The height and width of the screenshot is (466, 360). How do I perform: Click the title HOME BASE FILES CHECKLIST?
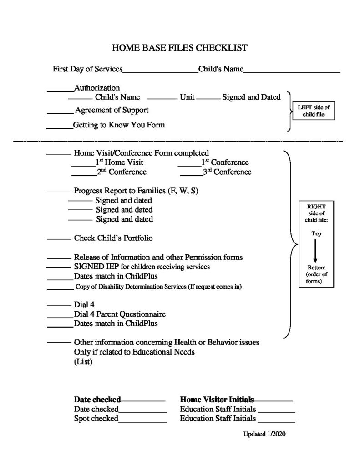pyautogui.click(x=180, y=47)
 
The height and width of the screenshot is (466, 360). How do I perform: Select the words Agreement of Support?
pyautogui.click(x=112, y=110)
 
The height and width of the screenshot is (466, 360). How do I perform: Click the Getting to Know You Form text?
pyautogui.click(x=119, y=125)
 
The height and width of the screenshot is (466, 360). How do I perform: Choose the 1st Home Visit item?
pyautogui.click(x=119, y=162)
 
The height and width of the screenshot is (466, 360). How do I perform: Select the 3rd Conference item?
pyautogui.click(x=227, y=172)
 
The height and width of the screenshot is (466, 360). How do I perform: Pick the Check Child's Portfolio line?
pyautogui.click(x=117, y=238)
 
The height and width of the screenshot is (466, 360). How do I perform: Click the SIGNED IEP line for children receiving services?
pyautogui.click(x=142, y=267)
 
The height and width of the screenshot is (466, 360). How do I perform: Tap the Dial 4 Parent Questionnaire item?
pyautogui.click(x=120, y=314)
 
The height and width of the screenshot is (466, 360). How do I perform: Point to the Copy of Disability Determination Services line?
pyautogui.click(x=158, y=287)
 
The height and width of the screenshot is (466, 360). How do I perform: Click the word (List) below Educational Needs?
pyautogui.click(x=83, y=362)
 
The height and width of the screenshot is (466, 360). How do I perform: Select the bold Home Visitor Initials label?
pyautogui.click(x=217, y=399)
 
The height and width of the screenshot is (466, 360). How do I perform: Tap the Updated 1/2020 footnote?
pyautogui.click(x=264, y=434)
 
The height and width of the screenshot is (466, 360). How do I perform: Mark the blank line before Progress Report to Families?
pyautogui.click(x=59, y=192)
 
